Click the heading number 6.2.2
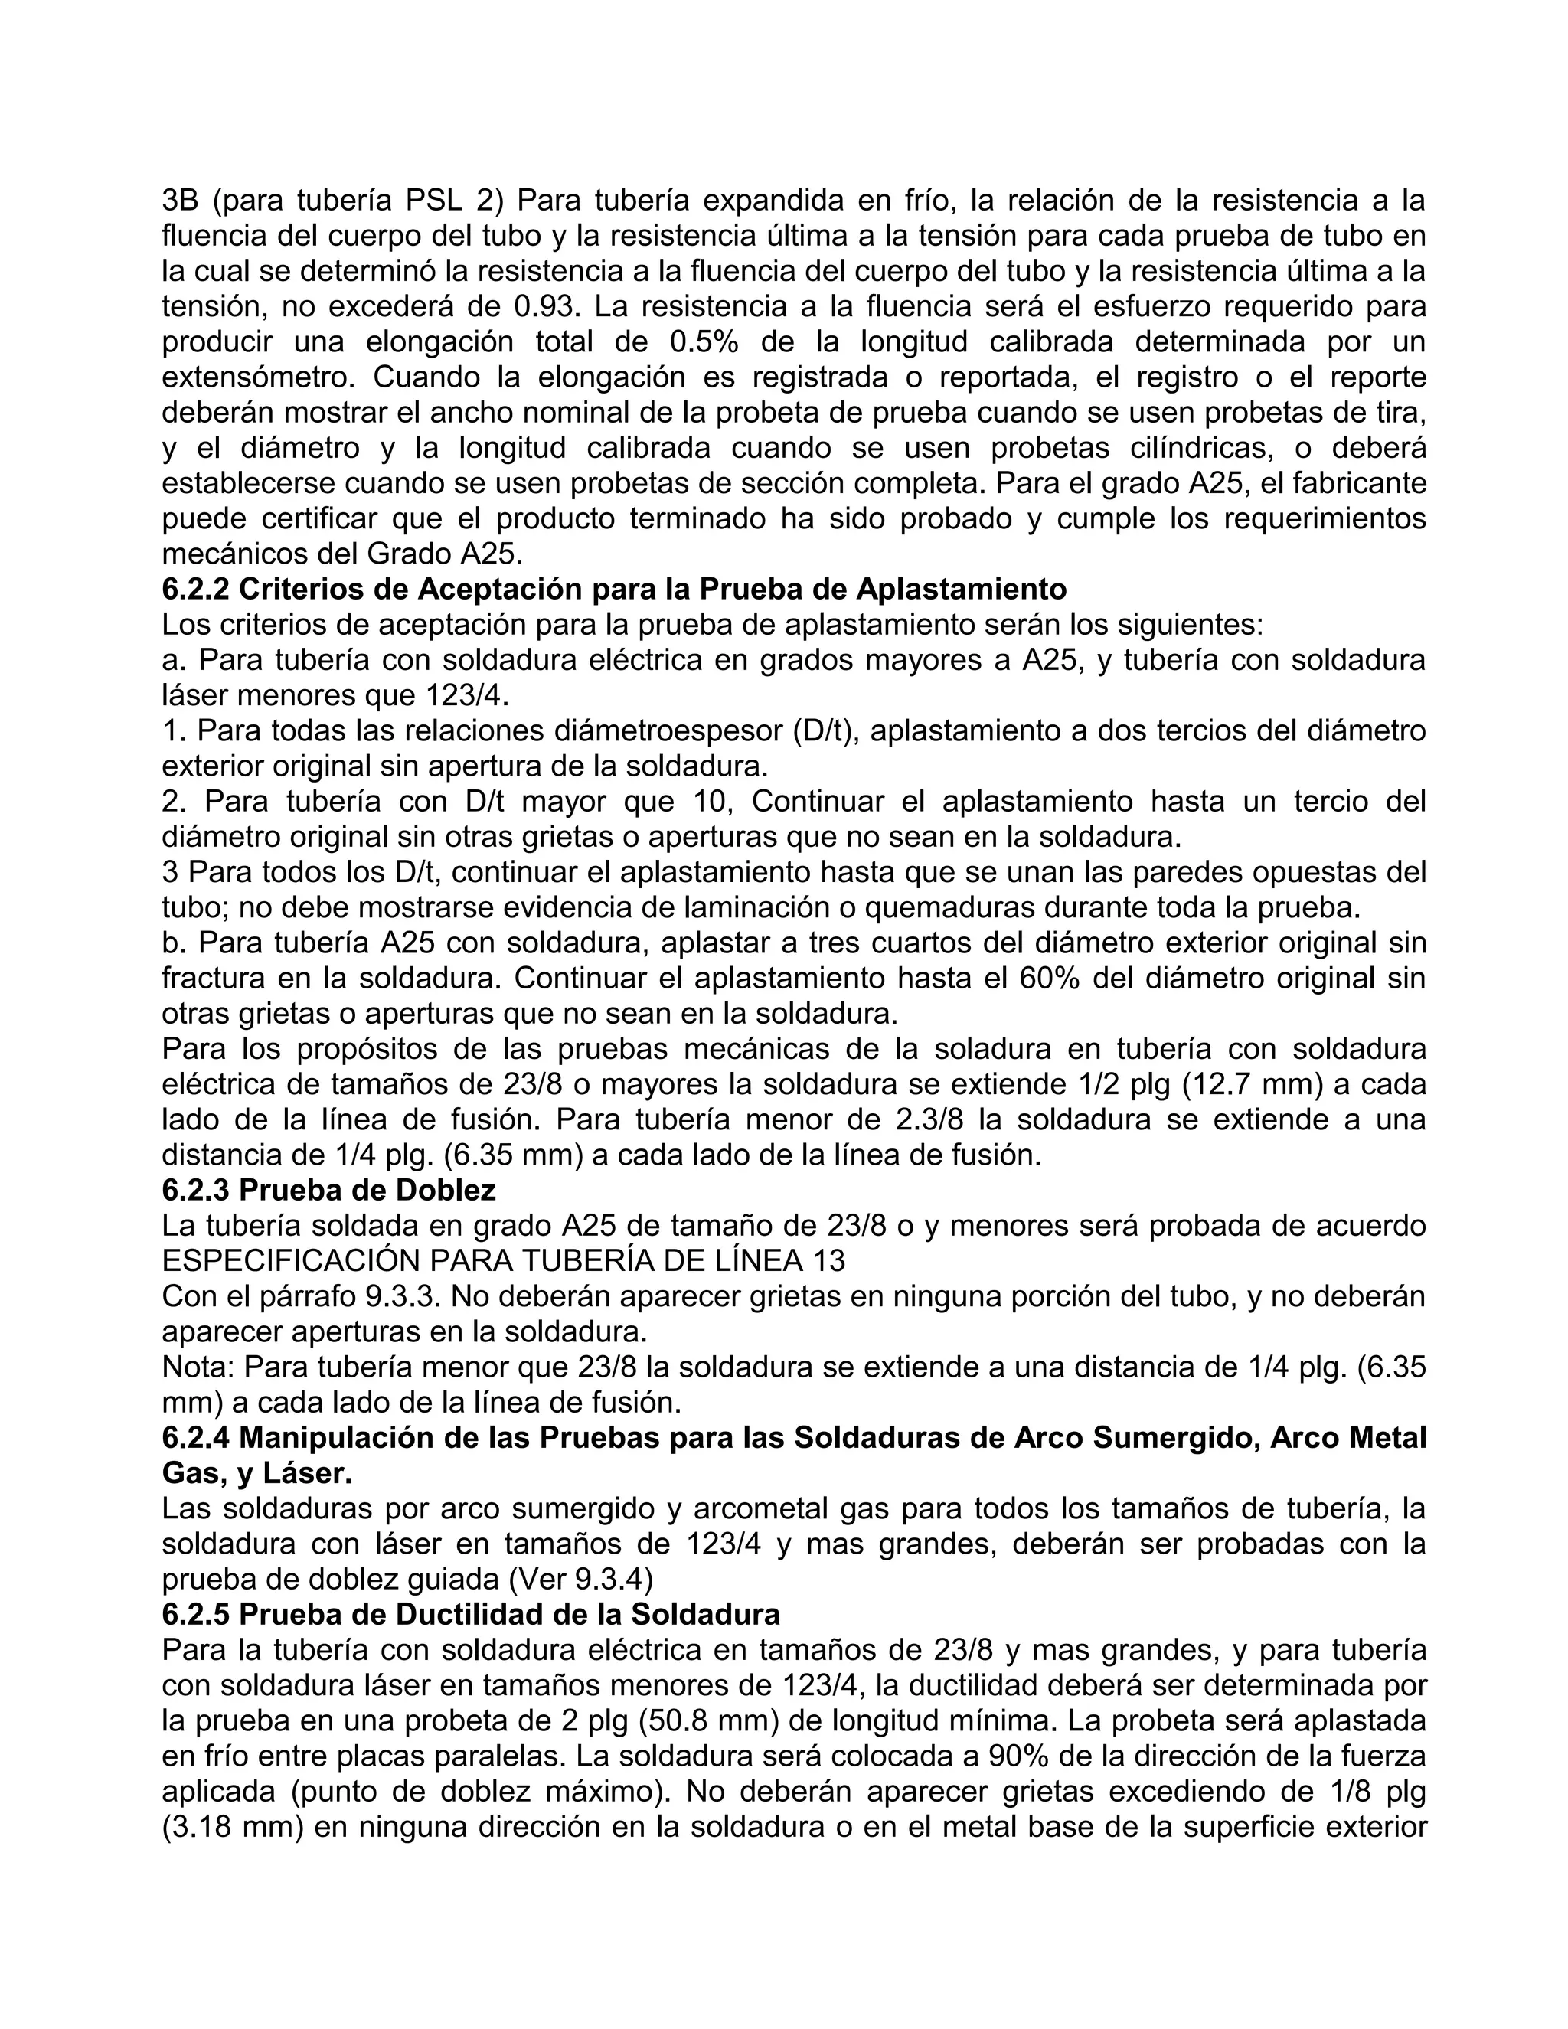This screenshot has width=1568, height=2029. tap(196, 589)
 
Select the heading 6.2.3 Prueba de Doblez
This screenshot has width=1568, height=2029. tap(328, 1190)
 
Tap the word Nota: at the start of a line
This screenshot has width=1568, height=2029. tap(197, 1367)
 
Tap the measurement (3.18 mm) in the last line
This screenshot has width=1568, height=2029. tap(228, 1828)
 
